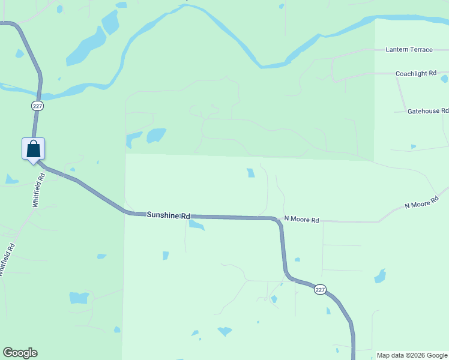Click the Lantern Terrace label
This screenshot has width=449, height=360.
408,50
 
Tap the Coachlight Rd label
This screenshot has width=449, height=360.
415,73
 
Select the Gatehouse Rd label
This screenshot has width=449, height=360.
427,111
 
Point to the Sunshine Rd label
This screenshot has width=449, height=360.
168,215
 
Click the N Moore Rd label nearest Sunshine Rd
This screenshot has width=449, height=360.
301,220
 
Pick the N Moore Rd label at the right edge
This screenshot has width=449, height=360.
426,205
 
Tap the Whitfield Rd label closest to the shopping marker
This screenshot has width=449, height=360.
39,190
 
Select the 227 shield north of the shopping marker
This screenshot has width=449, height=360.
38,106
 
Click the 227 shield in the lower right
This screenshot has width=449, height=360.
320,289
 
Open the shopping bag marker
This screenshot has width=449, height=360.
34,149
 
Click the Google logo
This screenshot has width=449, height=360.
20,353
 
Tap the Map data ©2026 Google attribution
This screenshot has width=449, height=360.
412,355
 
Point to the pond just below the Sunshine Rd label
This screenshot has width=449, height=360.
197,225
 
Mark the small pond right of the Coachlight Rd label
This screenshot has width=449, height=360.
444,79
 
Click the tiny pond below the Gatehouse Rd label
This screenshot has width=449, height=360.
414,146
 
